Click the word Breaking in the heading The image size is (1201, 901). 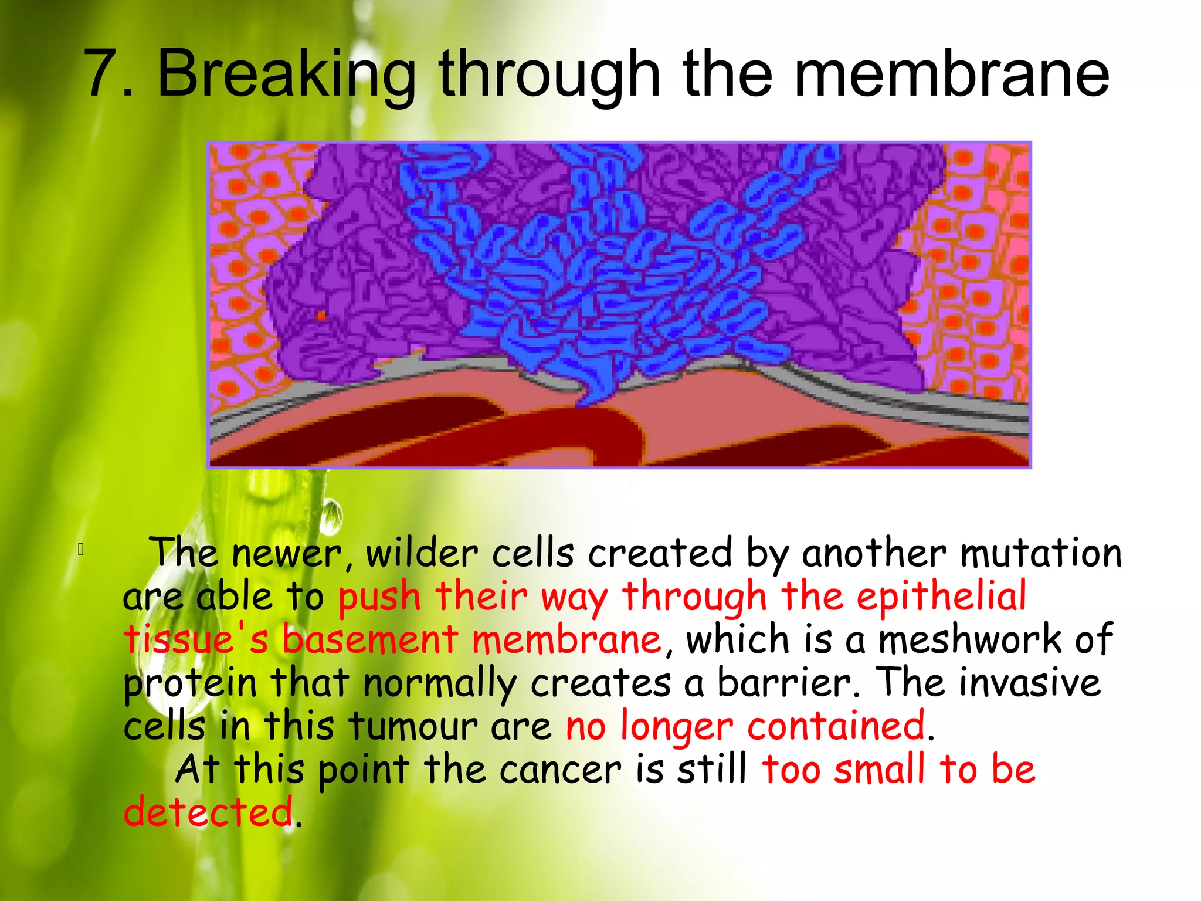pyautogui.click(x=286, y=74)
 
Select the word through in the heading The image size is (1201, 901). pyautogui.click(x=550, y=74)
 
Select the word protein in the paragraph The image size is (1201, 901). pyautogui.click(x=190, y=683)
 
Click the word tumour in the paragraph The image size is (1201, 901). pyautogui.click(x=414, y=726)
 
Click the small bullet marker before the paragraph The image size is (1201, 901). pyautogui.click(x=81, y=550)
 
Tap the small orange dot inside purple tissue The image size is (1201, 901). pyautogui.click(x=321, y=316)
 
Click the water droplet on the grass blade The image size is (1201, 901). pyautogui.click(x=332, y=516)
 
